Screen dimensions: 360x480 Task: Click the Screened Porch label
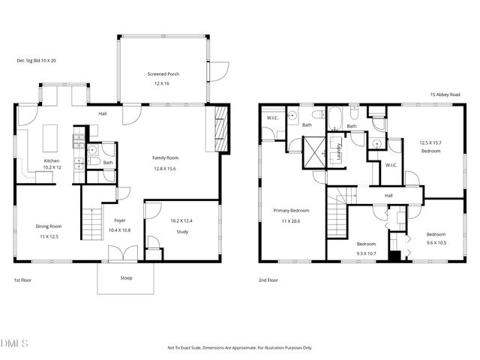point(163,73)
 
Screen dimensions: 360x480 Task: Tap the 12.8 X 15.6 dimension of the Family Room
point(165,169)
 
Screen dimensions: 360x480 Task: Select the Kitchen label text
point(51,160)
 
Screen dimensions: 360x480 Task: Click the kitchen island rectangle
point(53,138)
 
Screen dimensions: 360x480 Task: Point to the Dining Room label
point(49,226)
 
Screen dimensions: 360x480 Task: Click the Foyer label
point(119,220)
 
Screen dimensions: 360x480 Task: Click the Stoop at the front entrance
point(126,277)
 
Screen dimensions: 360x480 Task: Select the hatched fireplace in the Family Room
point(219,128)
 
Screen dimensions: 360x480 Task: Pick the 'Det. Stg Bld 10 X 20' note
point(37,61)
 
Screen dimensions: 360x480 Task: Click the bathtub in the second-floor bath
point(334,118)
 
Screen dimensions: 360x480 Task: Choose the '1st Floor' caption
point(23,280)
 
